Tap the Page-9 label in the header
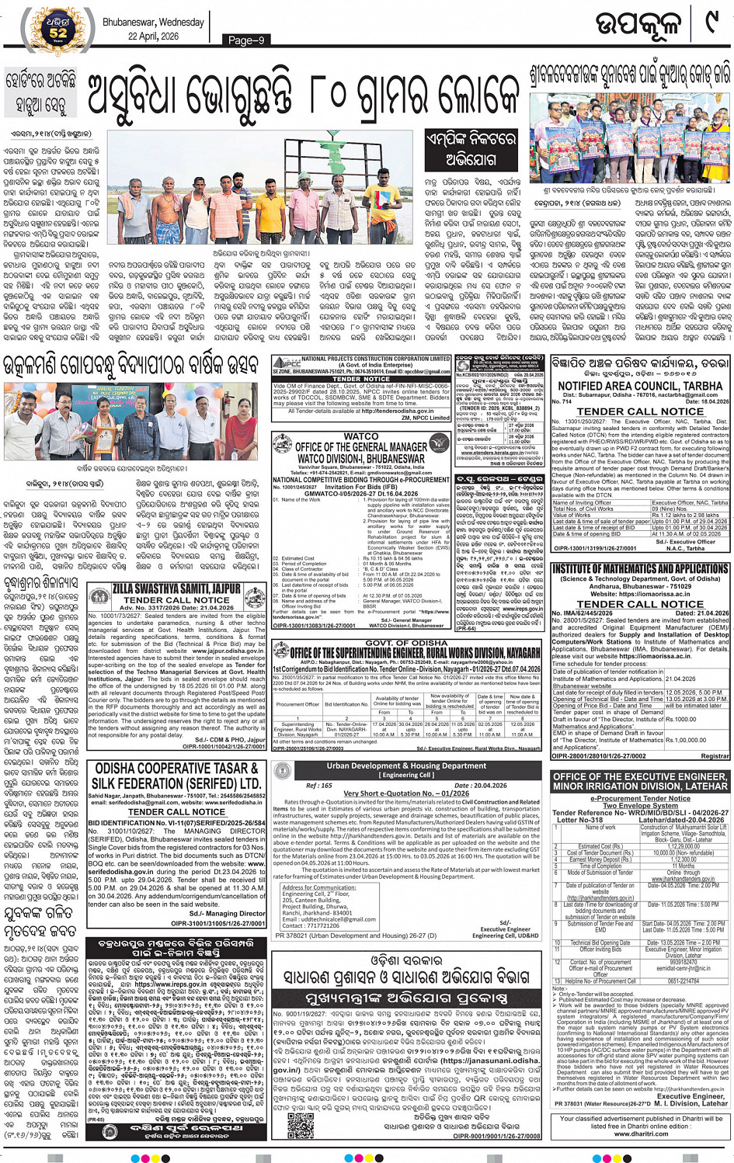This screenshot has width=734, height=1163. pos(246,40)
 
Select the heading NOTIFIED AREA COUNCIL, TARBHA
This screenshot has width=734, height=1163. pos(639,385)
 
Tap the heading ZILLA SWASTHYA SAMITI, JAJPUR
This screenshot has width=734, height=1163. pos(177,589)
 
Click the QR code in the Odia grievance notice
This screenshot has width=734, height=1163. pos(299,1123)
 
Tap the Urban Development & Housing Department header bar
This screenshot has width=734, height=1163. pos(407,765)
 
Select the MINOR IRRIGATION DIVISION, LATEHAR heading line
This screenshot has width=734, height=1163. pos(640,786)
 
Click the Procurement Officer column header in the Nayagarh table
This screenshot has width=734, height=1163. pos(297,704)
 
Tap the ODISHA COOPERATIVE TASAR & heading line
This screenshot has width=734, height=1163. pos(178,768)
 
